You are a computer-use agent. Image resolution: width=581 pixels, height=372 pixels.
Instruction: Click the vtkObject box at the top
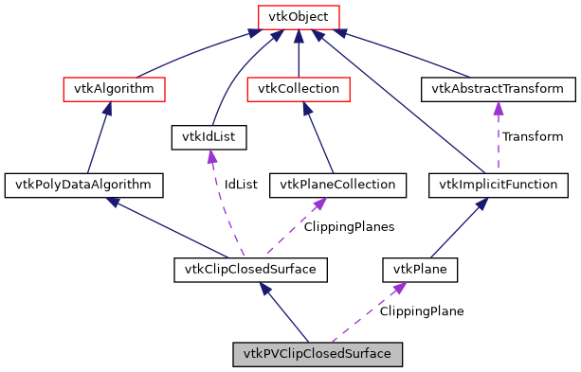[299, 16]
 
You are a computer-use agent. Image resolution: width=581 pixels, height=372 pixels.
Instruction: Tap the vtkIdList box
[209, 137]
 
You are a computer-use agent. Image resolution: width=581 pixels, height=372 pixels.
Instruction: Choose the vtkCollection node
[299, 89]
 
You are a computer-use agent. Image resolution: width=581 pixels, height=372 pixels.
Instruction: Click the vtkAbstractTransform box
[498, 89]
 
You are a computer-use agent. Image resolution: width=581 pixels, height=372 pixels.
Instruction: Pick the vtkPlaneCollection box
[338, 185]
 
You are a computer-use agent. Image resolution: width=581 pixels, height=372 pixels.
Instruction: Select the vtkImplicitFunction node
[498, 185]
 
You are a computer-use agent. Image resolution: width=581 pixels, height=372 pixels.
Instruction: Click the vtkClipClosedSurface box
[251, 270]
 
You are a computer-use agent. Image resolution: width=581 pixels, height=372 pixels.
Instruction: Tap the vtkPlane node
[420, 270]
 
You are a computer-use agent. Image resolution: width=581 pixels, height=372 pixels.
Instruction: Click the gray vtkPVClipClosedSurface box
[318, 354]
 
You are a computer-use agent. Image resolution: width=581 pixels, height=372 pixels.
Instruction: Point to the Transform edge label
[533, 137]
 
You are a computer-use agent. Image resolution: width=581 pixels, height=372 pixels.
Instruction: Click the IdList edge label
[240, 185]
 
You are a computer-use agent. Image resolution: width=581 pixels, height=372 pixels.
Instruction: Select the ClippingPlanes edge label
[349, 227]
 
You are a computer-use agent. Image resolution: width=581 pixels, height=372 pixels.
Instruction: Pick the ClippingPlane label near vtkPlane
[422, 311]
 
